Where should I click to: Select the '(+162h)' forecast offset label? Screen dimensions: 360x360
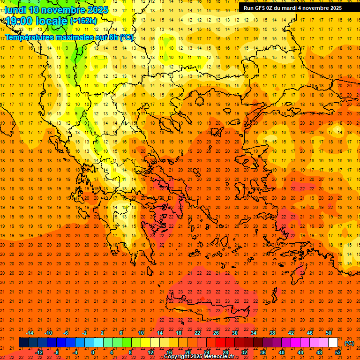[x=83, y=21]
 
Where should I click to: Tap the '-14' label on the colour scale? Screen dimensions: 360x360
[x=30, y=333]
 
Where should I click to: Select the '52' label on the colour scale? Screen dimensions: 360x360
[x=338, y=352]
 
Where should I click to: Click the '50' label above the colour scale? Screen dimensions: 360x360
[x=329, y=333]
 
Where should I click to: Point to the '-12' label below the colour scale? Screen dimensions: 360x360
[x=39, y=352]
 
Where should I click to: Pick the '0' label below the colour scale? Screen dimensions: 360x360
[x=92, y=352]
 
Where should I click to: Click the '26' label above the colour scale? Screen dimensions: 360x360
[x=216, y=333]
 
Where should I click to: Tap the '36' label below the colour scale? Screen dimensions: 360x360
[x=263, y=352]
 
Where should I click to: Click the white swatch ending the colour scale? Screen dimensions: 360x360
[x=333, y=343]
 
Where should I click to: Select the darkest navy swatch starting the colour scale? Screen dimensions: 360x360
[x=23, y=343]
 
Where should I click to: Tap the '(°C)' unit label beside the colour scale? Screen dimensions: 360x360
[x=349, y=343]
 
